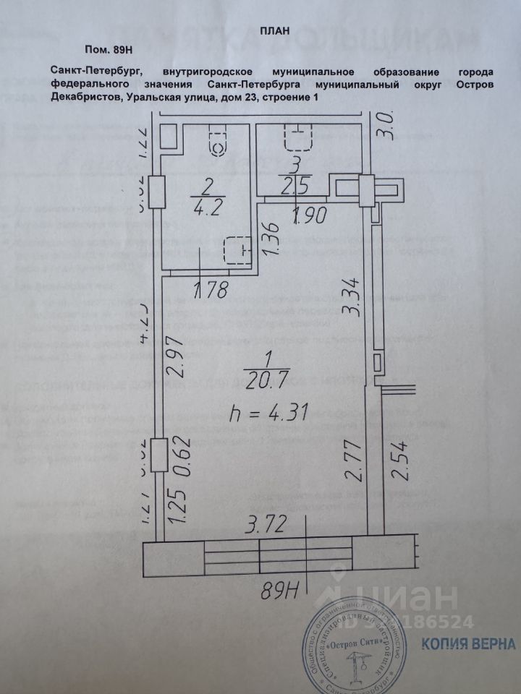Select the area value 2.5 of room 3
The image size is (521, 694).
tap(296, 186)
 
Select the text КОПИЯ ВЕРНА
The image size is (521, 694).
tap(479, 643)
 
